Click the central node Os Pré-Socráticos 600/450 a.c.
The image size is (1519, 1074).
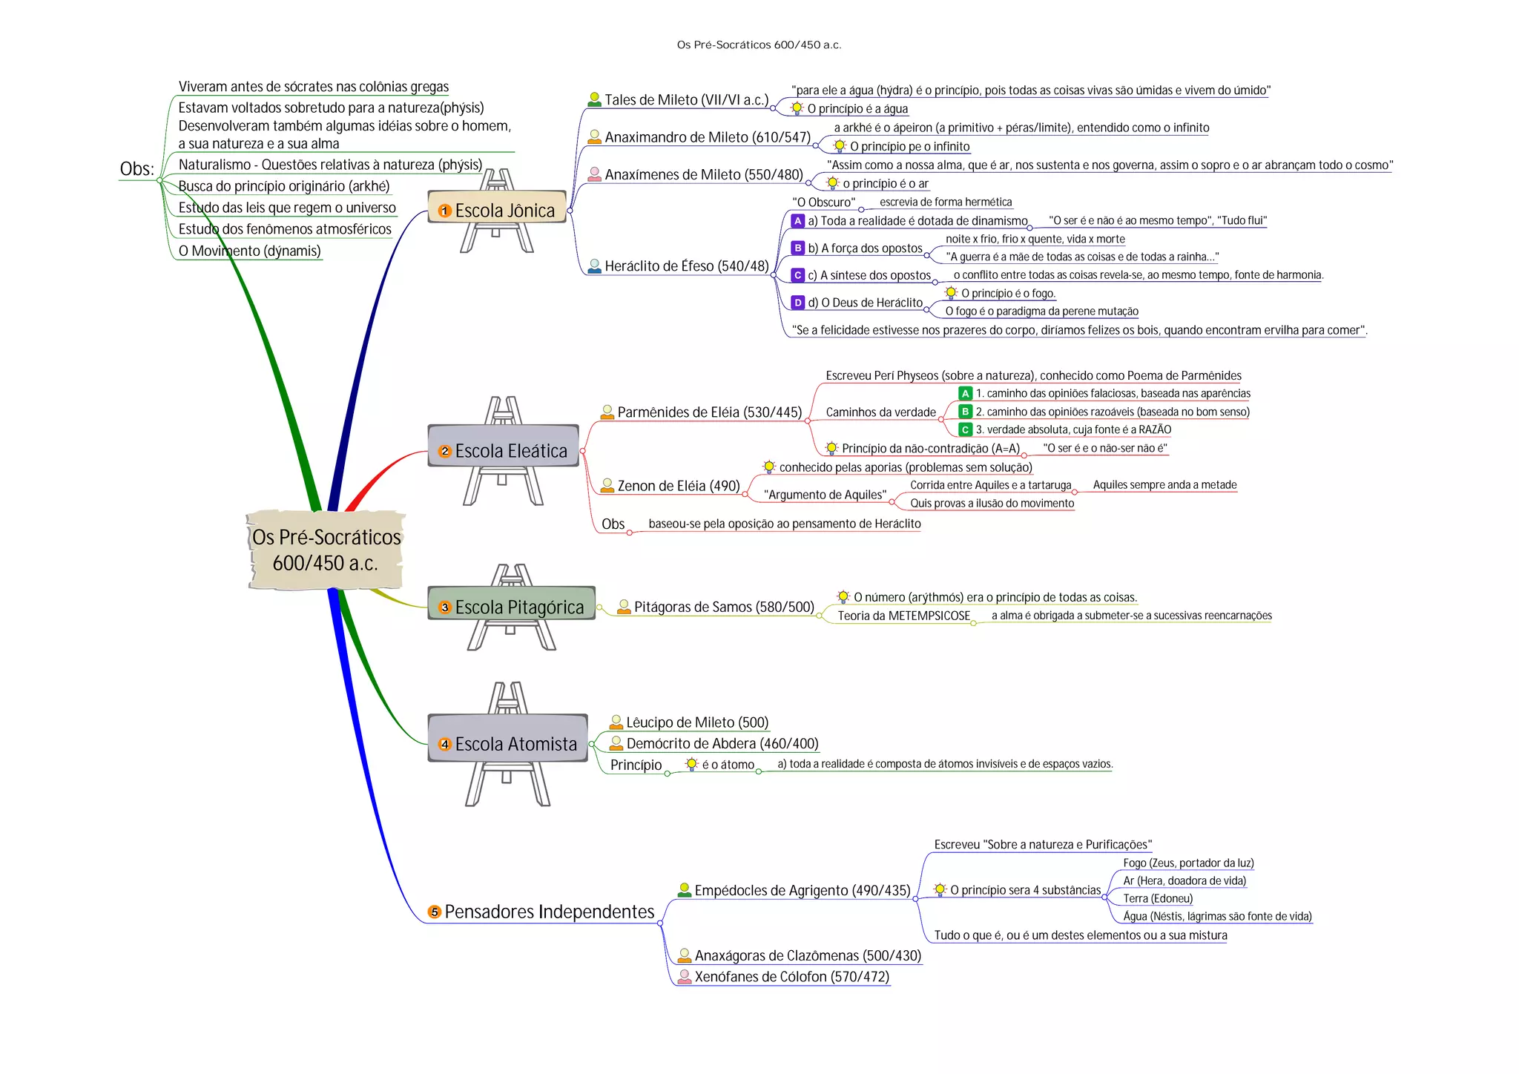point(326,550)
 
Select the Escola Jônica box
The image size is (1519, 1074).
point(497,211)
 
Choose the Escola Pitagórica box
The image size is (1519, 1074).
point(511,607)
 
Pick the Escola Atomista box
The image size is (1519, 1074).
point(507,744)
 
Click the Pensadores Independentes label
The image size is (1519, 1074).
point(549,912)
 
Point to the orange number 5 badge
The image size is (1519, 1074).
point(435,912)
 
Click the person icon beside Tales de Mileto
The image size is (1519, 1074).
point(594,99)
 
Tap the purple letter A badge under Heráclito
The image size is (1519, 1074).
point(797,221)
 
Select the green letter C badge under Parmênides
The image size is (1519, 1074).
point(965,429)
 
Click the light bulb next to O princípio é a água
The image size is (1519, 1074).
point(797,108)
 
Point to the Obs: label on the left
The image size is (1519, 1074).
point(137,169)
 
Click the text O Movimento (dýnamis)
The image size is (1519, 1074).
point(249,251)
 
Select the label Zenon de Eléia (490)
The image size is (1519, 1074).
point(678,486)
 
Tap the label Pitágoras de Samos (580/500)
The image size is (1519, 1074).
point(724,607)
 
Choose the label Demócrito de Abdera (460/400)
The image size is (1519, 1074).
point(722,743)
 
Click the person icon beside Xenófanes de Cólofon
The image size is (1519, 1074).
point(685,977)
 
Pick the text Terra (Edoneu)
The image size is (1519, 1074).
point(1158,898)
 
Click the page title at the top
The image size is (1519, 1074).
point(759,45)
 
